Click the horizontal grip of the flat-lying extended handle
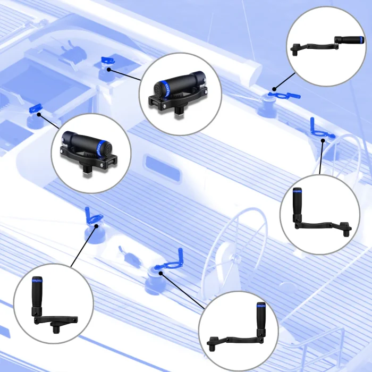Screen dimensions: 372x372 349,40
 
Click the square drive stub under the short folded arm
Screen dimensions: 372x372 56,328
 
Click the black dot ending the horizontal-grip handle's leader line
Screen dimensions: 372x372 274,89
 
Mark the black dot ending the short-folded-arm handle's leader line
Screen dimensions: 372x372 96,225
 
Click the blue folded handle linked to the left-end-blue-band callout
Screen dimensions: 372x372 106,59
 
